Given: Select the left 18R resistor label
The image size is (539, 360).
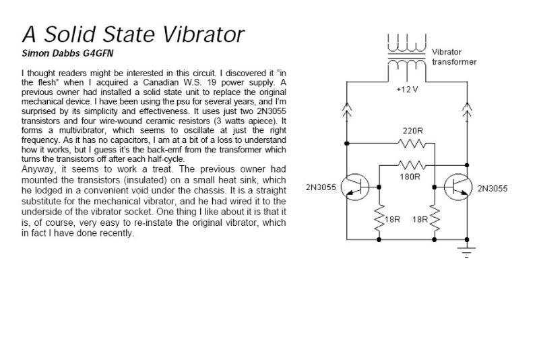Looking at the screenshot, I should [x=393, y=220].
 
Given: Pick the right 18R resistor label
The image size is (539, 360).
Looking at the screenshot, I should [x=420, y=220].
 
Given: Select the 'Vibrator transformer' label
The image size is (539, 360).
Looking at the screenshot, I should [x=454, y=57].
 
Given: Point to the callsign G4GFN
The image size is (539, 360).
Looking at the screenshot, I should [x=98, y=51].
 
